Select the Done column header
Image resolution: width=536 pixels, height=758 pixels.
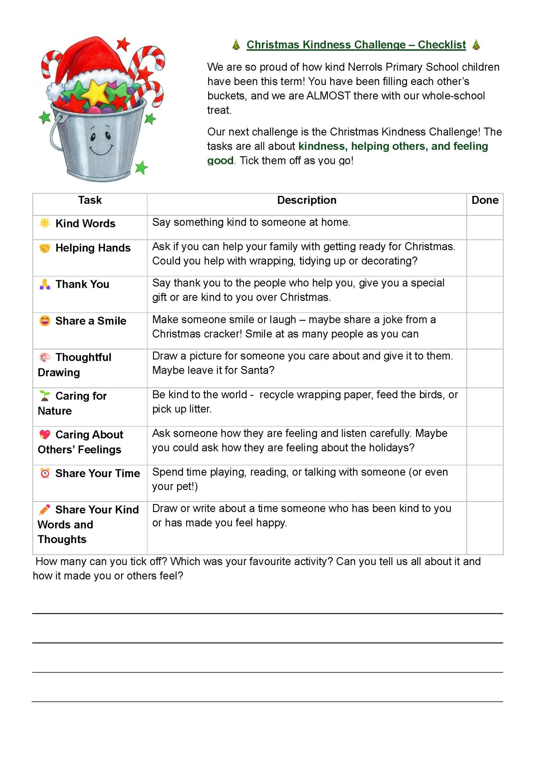(x=484, y=200)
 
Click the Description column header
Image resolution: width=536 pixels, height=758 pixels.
(x=306, y=200)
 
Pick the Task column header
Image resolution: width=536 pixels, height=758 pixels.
(x=90, y=200)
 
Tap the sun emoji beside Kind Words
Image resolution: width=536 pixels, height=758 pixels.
(x=45, y=223)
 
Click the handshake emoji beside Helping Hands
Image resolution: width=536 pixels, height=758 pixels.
(x=45, y=248)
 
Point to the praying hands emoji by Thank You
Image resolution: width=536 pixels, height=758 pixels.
(x=45, y=284)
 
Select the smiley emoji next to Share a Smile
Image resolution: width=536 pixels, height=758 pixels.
(x=45, y=321)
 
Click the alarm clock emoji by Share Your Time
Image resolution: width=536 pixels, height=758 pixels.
(x=45, y=473)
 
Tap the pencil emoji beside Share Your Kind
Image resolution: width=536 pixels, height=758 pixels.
(x=45, y=509)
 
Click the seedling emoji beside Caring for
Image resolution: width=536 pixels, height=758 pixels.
(x=45, y=396)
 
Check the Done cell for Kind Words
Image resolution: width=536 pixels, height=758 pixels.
(x=484, y=227)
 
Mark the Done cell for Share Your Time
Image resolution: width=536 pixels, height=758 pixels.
(x=484, y=483)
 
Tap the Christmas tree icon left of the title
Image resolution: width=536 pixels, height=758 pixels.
(x=236, y=45)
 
